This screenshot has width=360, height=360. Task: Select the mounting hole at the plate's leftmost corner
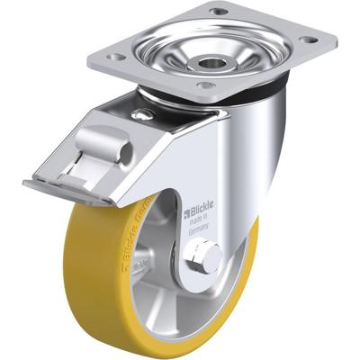pyautogui.click(x=114, y=57)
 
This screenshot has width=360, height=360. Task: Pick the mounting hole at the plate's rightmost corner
pyautogui.click(x=309, y=40)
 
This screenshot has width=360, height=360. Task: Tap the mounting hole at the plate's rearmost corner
pyautogui.click(x=219, y=11)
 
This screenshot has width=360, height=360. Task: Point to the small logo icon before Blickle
pyautogui.click(x=186, y=214)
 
